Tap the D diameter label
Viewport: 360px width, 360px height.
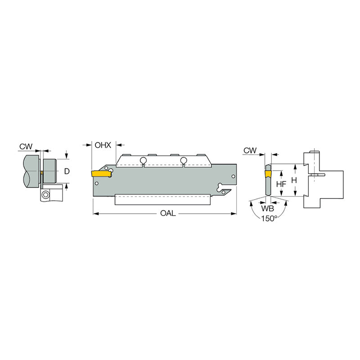click(x=67, y=171)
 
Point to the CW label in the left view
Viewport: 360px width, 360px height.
click(x=26, y=146)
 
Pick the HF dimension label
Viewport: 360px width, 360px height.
click(x=281, y=184)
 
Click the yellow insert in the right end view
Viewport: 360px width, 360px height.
click(x=268, y=172)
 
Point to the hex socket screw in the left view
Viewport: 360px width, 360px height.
click(x=45, y=195)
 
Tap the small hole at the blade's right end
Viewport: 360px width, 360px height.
click(x=233, y=177)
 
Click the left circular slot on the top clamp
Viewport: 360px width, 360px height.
click(x=143, y=160)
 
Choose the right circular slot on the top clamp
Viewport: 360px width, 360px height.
click(x=183, y=160)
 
